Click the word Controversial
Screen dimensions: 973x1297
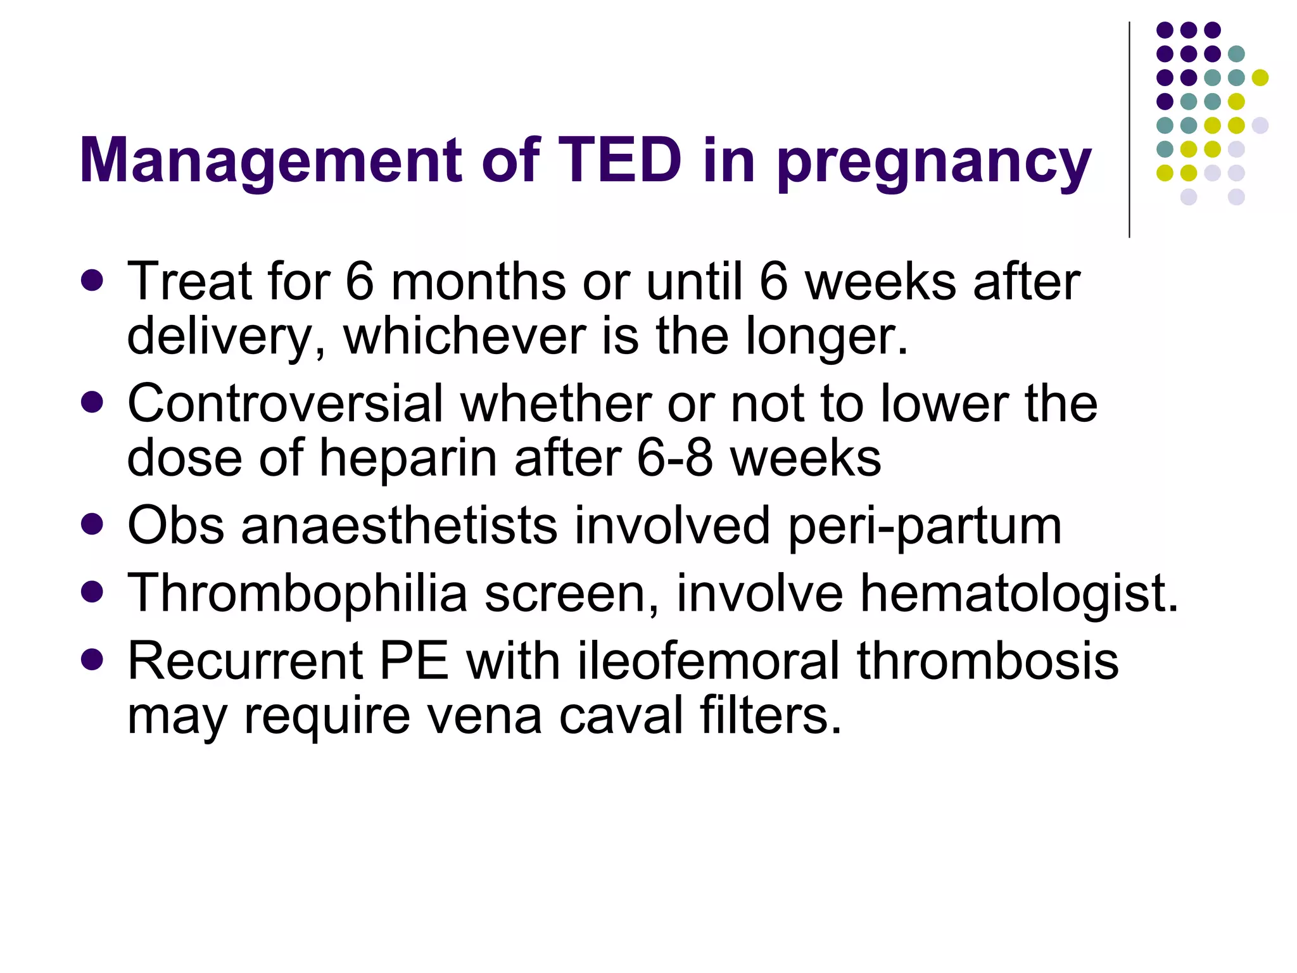coord(285,404)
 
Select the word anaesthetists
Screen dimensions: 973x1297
coord(399,525)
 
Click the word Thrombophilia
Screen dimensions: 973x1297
coord(297,594)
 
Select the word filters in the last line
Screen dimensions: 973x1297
coord(770,715)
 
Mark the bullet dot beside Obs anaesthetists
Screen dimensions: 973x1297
coord(92,524)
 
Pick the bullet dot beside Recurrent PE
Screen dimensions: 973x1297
coord(92,659)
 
